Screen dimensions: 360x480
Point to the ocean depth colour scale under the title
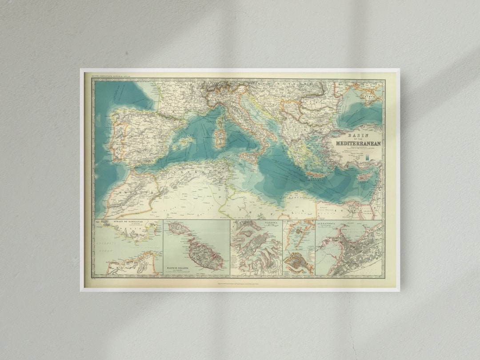tap(368, 156)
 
